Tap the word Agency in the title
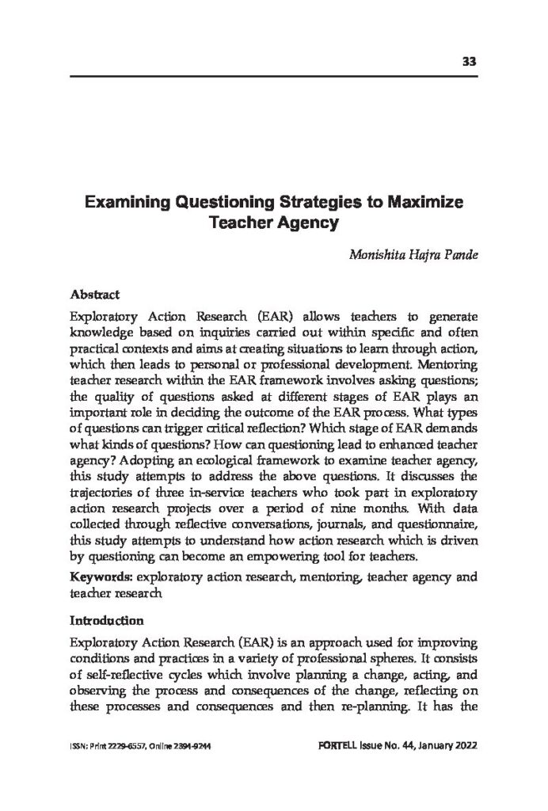(306, 223)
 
